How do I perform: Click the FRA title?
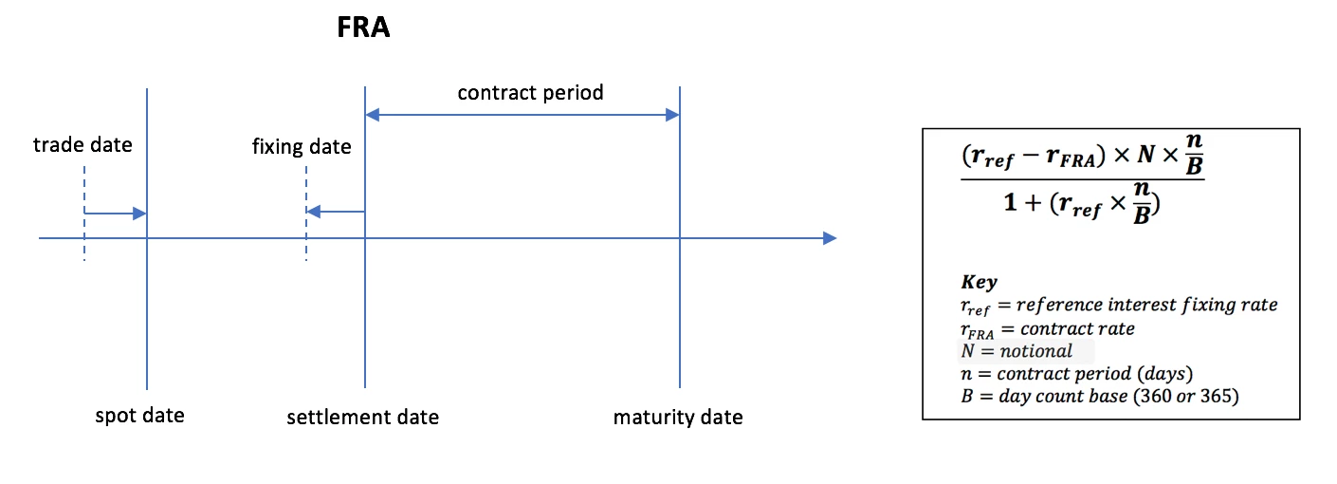coord(363,27)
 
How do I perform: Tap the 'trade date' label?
coord(82,144)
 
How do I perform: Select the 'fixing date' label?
coord(302,147)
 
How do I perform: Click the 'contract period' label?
coord(531,93)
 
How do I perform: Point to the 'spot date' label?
coord(139,416)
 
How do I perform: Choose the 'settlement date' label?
coord(363,417)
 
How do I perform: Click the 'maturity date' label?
coord(678,417)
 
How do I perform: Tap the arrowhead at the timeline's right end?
coord(830,238)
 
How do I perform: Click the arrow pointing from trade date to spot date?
coord(115,214)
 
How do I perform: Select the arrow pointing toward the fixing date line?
coord(336,212)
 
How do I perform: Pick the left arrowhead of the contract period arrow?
coord(373,115)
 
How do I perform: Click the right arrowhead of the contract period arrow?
coord(672,115)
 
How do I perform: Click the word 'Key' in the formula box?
coord(979,282)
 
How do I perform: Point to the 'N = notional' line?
coord(1016,351)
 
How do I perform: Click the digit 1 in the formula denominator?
coord(1010,202)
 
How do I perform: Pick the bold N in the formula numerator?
coord(1145,154)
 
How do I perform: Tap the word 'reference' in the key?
coord(1059,305)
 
